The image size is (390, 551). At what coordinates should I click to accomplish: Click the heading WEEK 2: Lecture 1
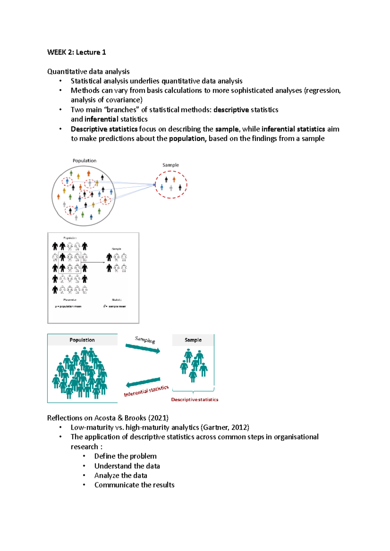point(76,52)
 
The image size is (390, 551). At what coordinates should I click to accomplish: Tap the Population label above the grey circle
point(84,161)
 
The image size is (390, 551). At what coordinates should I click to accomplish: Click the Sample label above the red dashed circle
point(171,165)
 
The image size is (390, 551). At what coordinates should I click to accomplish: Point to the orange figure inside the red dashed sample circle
point(174,179)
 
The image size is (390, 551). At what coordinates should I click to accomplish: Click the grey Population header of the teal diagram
point(82,340)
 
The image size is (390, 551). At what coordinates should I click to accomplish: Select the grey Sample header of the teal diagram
point(193,340)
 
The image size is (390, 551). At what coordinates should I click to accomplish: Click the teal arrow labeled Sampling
point(143,349)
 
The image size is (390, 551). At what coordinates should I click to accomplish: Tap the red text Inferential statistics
point(146,391)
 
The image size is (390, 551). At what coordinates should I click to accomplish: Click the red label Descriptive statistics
point(195,400)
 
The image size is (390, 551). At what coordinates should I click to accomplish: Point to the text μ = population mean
point(68,306)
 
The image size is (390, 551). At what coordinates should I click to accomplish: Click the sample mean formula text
point(115,306)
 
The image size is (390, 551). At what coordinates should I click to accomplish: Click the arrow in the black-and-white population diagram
point(96,262)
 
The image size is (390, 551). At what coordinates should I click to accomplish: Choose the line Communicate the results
point(134,485)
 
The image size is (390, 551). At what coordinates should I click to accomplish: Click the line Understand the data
point(127,466)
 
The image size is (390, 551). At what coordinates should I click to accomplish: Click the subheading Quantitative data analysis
point(88,71)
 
